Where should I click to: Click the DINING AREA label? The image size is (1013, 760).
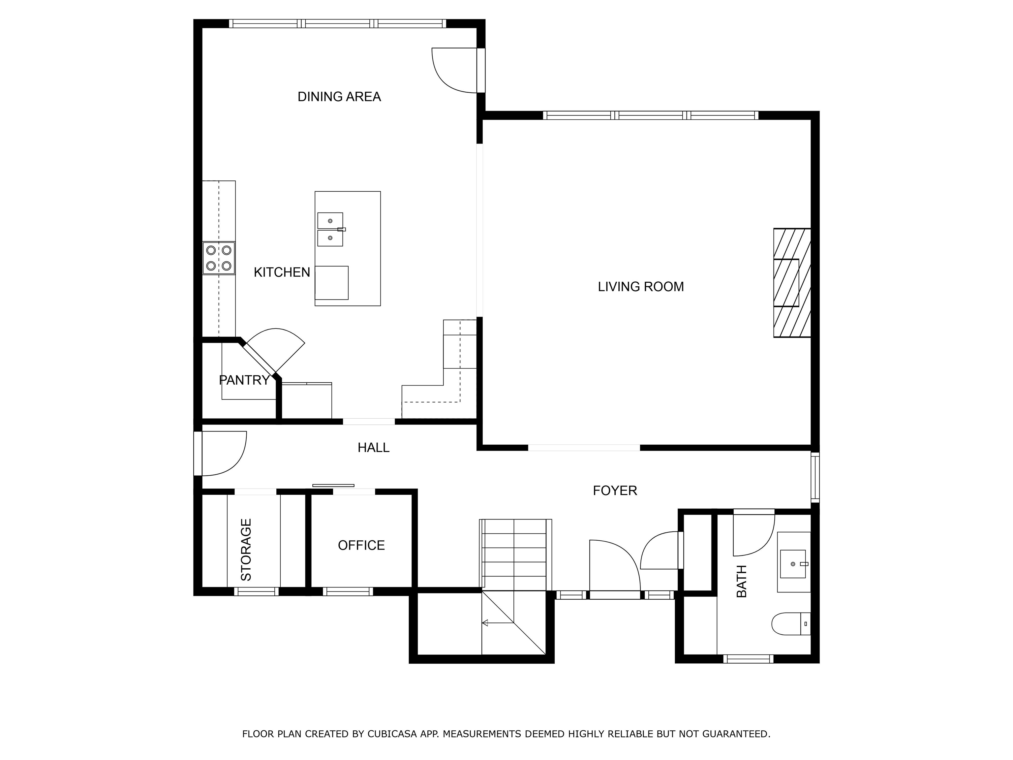[x=339, y=97]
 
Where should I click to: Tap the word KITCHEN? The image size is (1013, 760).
[x=282, y=272]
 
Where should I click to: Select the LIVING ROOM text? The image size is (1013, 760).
[x=641, y=287]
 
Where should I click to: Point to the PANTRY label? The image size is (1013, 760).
[x=244, y=380]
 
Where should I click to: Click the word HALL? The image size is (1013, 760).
[x=373, y=448]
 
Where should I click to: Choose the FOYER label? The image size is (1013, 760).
[x=615, y=491]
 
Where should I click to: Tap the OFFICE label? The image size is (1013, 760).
[x=361, y=545]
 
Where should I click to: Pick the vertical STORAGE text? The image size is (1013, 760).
[x=246, y=550]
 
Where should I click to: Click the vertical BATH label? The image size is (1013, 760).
[x=741, y=581]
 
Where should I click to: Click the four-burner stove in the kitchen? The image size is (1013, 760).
[x=219, y=258]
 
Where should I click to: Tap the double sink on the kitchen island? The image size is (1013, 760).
[x=330, y=229]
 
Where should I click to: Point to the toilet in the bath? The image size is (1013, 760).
[x=791, y=623]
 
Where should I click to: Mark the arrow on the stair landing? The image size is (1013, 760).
[x=498, y=622]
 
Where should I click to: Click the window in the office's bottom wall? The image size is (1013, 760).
[x=348, y=591]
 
